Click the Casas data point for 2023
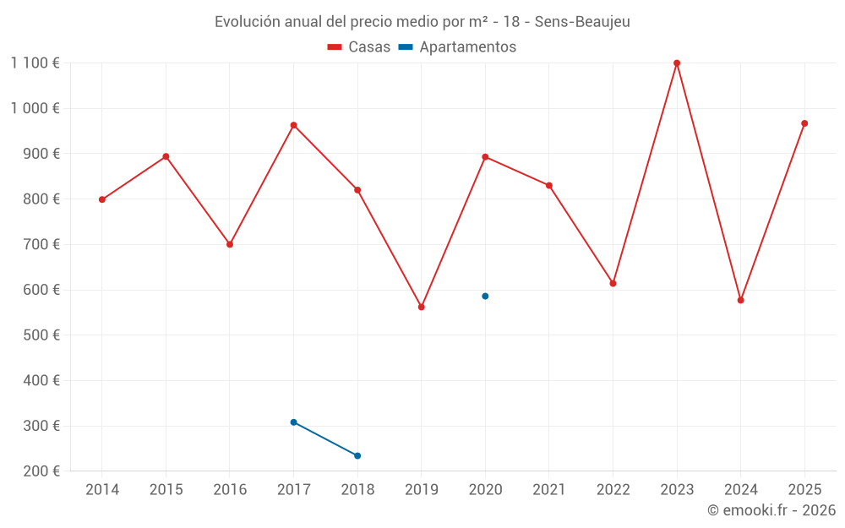pos(677,63)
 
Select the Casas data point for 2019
pos(422,307)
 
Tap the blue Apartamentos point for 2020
pos(485,297)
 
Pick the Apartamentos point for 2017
pos(293,422)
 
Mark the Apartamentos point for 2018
pos(357,456)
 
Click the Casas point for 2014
pos(102,200)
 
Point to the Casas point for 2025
pos(804,123)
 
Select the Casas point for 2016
pos(230,244)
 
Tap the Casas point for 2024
pos(741,300)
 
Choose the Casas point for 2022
pos(613,283)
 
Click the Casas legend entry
pos(359,47)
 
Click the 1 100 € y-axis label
pos(35,63)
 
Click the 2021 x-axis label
pos(549,490)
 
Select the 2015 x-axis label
pos(166,490)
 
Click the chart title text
pos(422,21)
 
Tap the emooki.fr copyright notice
pos(771,510)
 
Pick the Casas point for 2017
pos(293,125)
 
